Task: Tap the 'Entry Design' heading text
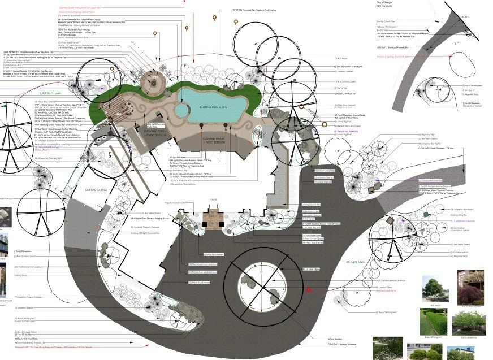click(x=385, y=3)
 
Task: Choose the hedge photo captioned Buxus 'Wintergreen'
click(x=431, y=322)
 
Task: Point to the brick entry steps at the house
click(x=214, y=216)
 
